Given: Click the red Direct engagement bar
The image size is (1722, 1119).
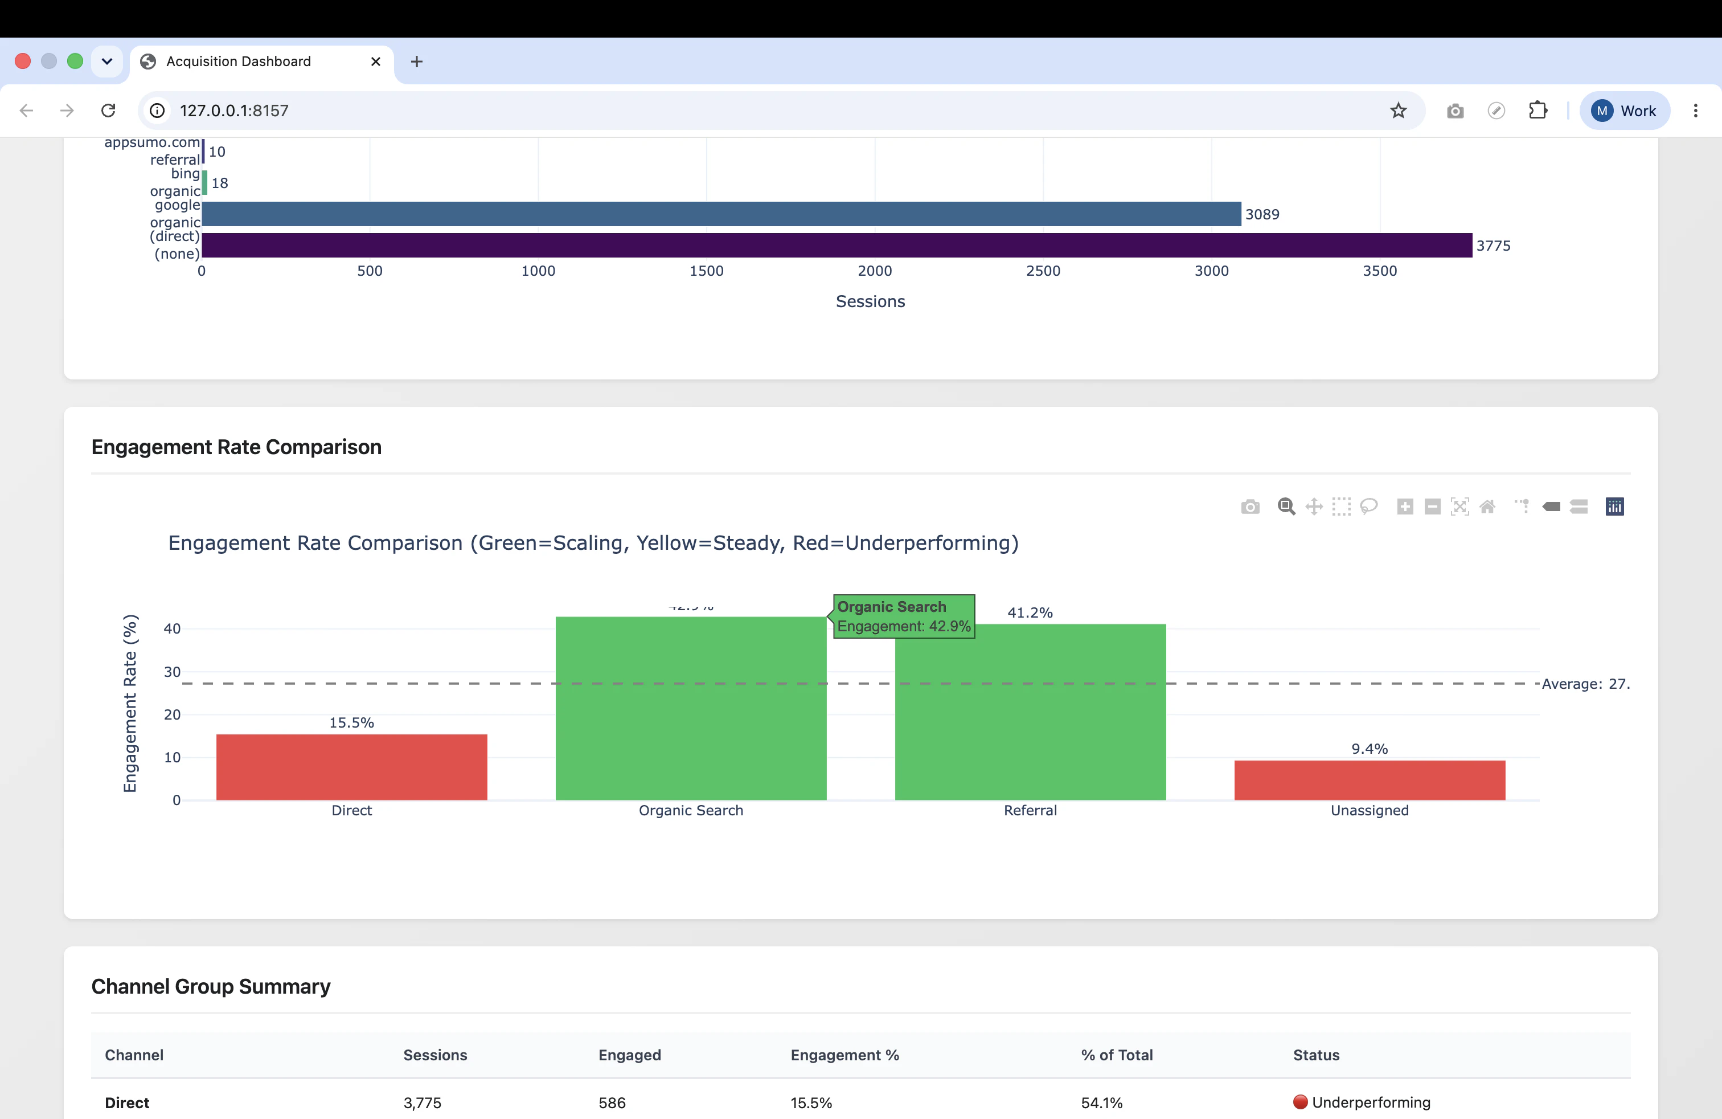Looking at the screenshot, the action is click(352, 767).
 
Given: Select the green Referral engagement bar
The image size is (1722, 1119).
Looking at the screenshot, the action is click(1030, 712).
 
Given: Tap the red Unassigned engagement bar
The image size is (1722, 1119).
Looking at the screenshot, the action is click(1370, 780).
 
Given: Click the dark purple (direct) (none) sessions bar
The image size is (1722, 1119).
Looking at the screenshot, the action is click(837, 246).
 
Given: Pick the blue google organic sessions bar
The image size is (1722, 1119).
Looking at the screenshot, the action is click(721, 214).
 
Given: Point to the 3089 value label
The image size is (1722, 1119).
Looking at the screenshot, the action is click(1262, 214).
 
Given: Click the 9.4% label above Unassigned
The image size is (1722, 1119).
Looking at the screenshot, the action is click(1370, 749).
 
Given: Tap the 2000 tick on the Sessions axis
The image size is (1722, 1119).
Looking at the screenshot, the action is click(875, 271).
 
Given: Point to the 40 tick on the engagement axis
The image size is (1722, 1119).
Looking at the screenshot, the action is click(172, 628).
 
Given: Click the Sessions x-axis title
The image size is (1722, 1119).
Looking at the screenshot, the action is click(871, 301).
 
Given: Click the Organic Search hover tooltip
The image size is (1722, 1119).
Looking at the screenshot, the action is click(904, 616).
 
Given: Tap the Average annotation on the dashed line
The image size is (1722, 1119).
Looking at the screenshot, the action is click(1586, 684).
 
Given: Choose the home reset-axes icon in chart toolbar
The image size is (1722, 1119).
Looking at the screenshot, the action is click(1487, 507).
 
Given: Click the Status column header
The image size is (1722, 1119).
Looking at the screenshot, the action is click(1316, 1055).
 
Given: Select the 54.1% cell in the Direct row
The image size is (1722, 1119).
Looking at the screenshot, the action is click(1101, 1102).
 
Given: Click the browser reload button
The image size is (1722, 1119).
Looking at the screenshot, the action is click(109, 110).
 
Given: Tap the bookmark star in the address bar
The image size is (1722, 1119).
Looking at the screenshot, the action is click(1399, 110).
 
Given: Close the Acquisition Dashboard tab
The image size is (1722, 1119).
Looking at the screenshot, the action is click(375, 62).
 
